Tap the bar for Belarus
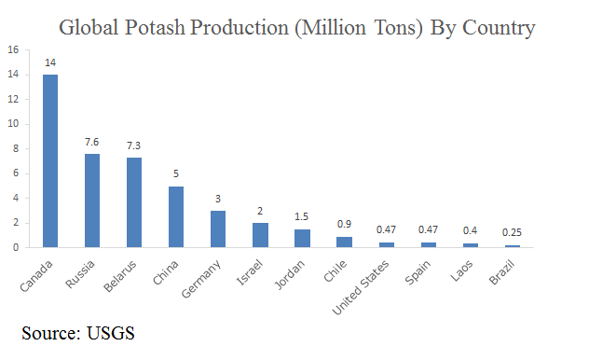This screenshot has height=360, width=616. [135, 202]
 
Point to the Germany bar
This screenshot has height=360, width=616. [218, 228]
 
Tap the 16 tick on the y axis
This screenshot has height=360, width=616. [13, 48]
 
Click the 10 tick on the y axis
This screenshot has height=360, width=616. [13, 123]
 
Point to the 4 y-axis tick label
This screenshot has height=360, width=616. [16, 198]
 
